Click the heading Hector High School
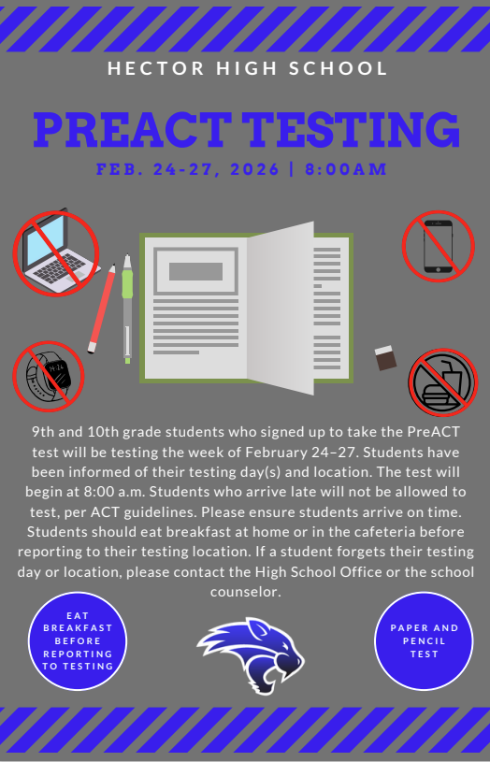(x=247, y=68)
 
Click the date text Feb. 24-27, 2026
(x=188, y=169)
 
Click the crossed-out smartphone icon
(x=438, y=246)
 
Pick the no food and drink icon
(x=442, y=381)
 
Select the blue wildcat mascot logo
(x=250, y=654)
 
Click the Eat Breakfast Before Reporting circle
(x=78, y=640)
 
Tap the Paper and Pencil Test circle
(x=424, y=640)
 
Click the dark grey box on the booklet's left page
(x=195, y=272)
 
